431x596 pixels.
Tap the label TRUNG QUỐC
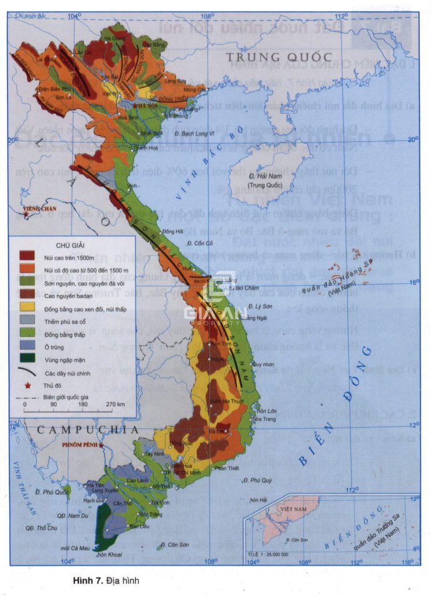279,57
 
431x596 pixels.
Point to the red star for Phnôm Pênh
101,445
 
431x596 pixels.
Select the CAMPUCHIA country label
88,430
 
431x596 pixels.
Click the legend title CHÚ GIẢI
72,245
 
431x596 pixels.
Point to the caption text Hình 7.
87,580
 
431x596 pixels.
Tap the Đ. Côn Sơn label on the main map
174,545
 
